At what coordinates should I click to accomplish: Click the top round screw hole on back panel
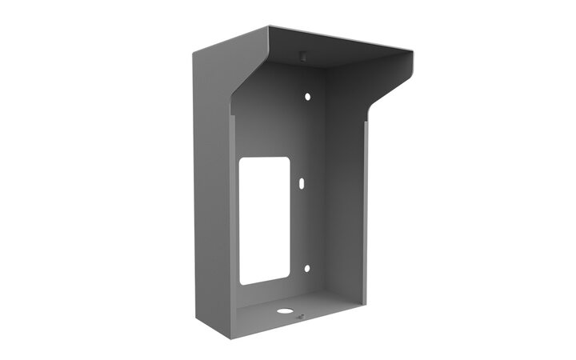click(x=306, y=96)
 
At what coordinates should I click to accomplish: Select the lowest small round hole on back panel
click(x=304, y=269)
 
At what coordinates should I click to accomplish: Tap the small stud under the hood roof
click(x=302, y=55)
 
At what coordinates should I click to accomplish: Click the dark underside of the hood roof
click(x=336, y=52)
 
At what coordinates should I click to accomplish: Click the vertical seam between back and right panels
click(x=324, y=184)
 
